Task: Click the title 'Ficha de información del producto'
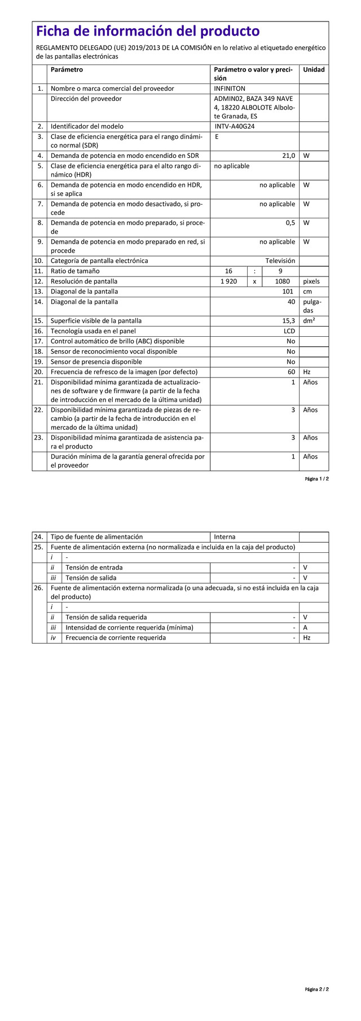(x=148, y=31)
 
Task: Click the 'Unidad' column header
(x=314, y=70)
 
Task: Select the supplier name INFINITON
(x=230, y=89)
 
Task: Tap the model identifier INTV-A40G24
(x=235, y=126)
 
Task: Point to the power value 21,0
(x=288, y=156)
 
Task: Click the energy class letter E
(x=217, y=137)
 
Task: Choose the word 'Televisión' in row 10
(x=280, y=261)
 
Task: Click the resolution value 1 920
(x=228, y=281)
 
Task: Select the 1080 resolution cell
(x=282, y=281)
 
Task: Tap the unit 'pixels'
(x=311, y=281)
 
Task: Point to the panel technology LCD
(x=289, y=331)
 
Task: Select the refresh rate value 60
(x=291, y=372)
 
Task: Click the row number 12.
(x=38, y=281)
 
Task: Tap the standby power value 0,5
(x=290, y=223)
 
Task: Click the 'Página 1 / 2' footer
(x=316, y=479)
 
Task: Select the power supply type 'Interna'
(x=224, y=537)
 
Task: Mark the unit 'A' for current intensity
(x=305, y=627)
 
